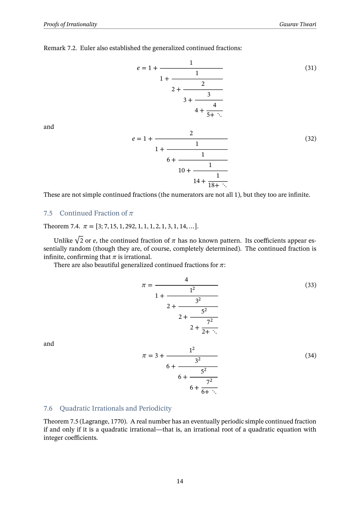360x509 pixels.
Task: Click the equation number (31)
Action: pyautogui.click(x=310, y=68)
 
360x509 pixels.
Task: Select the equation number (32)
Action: pyautogui.click(x=310, y=139)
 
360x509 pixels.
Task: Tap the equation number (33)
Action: pyautogui.click(x=310, y=285)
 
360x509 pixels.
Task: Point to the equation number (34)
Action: pyautogui.click(x=310, y=356)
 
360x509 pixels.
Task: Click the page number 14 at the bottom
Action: pyautogui.click(x=180, y=481)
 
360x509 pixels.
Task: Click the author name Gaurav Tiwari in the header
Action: pyautogui.click(x=298, y=24)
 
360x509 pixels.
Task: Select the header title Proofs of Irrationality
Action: pyautogui.click(x=70, y=24)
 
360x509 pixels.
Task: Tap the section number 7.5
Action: pyautogui.click(x=48, y=213)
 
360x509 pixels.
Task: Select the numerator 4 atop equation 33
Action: pyautogui.click(x=186, y=280)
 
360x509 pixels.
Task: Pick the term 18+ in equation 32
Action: pyautogui.click(x=214, y=185)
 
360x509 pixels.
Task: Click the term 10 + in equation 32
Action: pyautogui.click(x=184, y=171)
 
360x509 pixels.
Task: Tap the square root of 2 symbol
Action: pyautogui.click(x=79, y=240)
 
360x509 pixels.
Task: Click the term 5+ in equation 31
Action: pyautogui.click(x=210, y=115)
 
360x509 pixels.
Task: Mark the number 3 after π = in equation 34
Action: pyautogui.click(x=156, y=356)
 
